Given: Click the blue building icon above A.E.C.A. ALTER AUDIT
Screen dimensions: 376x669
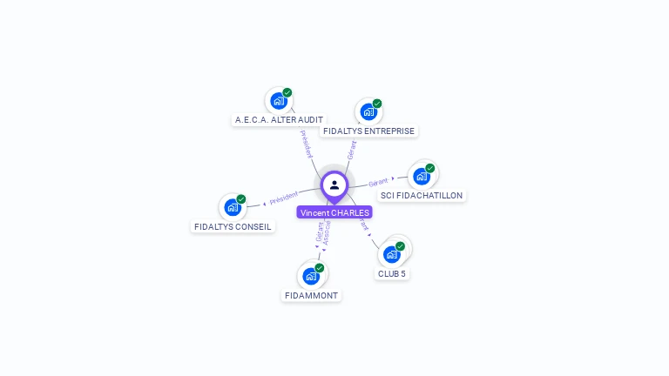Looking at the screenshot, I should pyautogui.click(x=279, y=101).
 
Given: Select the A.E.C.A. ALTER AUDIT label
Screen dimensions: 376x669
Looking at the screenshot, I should pyautogui.click(x=279, y=120).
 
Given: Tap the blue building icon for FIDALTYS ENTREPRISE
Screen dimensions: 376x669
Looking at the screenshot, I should pyautogui.click(x=368, y=112).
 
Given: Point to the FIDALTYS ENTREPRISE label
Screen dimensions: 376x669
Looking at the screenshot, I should pyautogui.click(x=368, y=131).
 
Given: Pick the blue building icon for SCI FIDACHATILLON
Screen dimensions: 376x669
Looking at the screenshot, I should pyautogui.click(x=422, y=177).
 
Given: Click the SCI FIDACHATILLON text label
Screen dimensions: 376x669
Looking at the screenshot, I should pyautogui.click(x=422, y=196).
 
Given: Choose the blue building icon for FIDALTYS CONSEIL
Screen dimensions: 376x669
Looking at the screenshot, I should pyautogui.click(x=233, y=207).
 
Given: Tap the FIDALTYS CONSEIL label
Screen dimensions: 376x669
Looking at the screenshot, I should pyautogui.click(x=233, y=227).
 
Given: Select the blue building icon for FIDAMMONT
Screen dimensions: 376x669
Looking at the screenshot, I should pyautogui.click(x=311, y=277).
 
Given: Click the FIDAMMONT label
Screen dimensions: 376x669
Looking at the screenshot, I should pyautogui.click(x=311, y=296).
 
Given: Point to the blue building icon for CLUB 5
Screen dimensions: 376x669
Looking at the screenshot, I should pyautogui.click(x=391, y=254).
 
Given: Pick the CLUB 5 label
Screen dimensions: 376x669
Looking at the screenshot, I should pyautogui.click(x=391, y=274).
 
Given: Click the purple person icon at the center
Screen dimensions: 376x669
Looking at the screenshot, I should pyautogui.click(x=334, y=185).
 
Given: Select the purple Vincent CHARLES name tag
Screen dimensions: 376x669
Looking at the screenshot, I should pyautogui.click(x=334, y=212).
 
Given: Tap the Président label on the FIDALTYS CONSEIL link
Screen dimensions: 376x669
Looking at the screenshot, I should pyautogui.click(x=283, y=199).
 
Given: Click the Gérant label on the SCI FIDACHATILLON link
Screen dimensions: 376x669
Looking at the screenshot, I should pyautogui.click(x=378, y=183).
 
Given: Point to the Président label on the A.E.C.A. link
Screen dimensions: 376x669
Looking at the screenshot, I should pyautogui.click(x=306, y=144).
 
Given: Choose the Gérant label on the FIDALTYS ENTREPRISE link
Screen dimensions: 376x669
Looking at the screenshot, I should pyautogui.click(x=352, y=150).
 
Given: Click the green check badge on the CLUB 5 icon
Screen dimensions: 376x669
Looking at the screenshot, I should pyautogui.click(x=400, y=246).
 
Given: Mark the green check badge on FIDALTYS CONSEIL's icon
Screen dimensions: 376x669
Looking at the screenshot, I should pyautogui.click(x=241, y=199).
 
